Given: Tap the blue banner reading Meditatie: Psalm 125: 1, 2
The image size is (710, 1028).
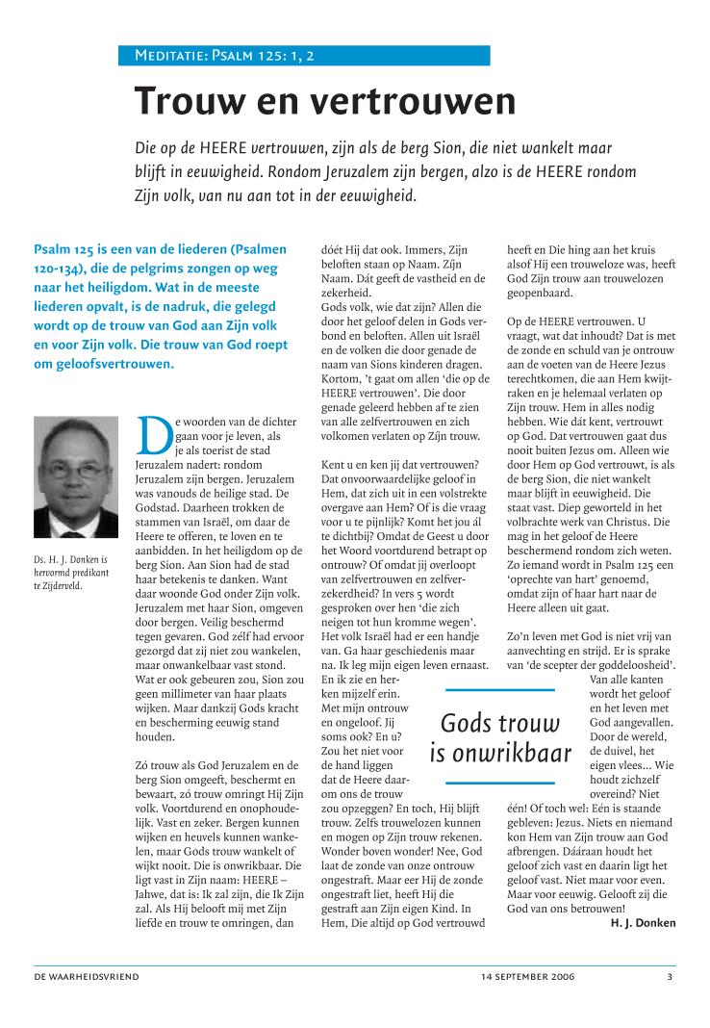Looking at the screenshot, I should [x=312, y=56].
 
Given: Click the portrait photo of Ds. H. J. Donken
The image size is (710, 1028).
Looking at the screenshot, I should [x=76, y=490].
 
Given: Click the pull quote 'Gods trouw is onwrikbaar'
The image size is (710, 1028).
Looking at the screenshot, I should [x=500, y=735].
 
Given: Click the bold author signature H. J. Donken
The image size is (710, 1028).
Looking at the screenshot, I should [x=643, y=923].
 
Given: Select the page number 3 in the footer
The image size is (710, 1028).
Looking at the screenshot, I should [x=670, y=977].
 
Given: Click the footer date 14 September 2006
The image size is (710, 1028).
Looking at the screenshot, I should [x=528, y=977].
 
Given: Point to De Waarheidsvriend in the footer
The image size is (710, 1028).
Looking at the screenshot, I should [x=88, y=977].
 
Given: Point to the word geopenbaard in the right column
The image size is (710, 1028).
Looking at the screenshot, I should [x=540, y=293].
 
